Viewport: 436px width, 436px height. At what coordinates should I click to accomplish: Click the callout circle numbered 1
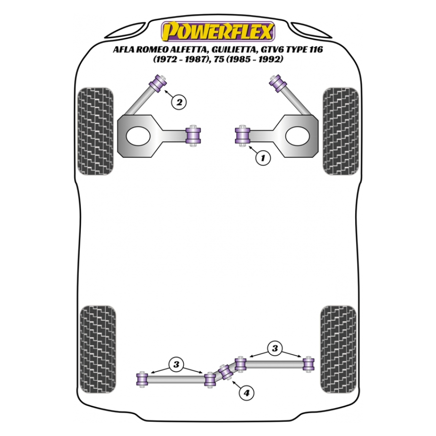click(x=263, y=157)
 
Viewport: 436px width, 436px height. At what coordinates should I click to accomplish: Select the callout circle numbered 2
click(x=179, y=102)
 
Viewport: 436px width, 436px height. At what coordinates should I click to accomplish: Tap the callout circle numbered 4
click(x=247, y=393)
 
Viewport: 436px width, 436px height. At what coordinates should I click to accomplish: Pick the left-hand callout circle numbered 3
click(x=176, y=363)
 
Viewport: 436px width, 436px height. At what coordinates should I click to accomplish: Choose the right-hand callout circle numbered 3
click(x=275, y=348)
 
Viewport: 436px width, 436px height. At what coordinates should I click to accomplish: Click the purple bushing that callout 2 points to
click(x=158, y=82)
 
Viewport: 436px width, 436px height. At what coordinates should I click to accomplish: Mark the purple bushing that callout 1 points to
click(x=242, y=135)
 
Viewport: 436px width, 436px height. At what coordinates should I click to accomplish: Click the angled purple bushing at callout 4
click(x=224, y=373)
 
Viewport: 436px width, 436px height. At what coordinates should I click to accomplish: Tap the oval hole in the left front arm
click(x=138, y=136)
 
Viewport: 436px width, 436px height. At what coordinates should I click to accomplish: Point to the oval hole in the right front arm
click(x=297, y=136)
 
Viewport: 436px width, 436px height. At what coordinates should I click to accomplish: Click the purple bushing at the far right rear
click(x=308, y=363)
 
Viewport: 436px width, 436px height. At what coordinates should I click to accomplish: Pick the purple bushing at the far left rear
click(x=142, y=379)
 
